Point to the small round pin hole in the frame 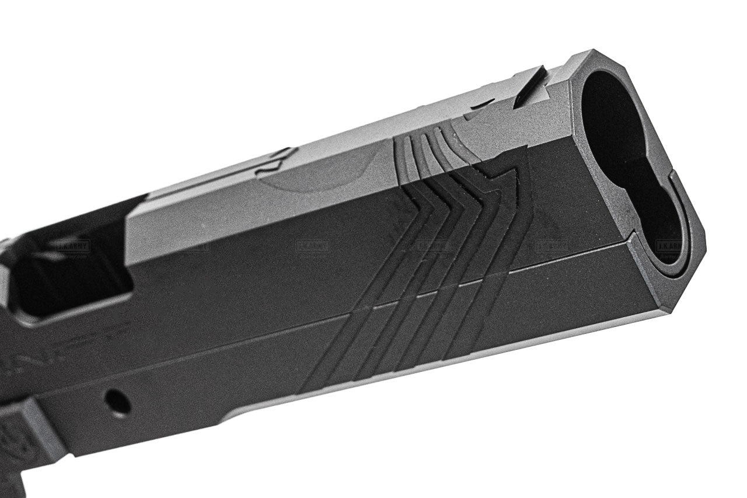coord(117,402)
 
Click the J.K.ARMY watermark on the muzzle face coord(669,246)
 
